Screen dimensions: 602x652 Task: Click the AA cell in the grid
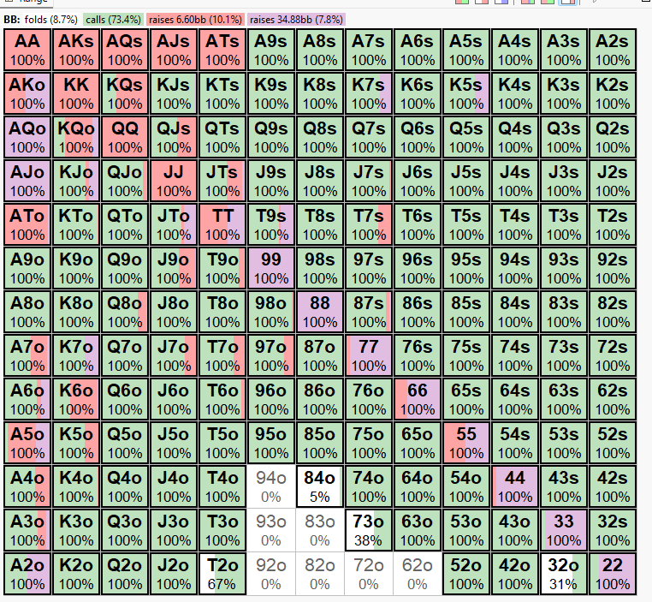[28, 49]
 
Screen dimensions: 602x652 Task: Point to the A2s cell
[612, 49]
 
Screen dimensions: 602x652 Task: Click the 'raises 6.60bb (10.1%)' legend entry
[197, 19]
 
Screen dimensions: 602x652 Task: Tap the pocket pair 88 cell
[320, 312]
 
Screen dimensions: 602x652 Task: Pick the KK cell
[77, 92]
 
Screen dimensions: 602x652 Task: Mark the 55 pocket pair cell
[465, 443]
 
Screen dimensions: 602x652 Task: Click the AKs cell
[77, 49]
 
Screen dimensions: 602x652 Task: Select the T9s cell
[271, 224]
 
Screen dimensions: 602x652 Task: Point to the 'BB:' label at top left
[12, 19]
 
